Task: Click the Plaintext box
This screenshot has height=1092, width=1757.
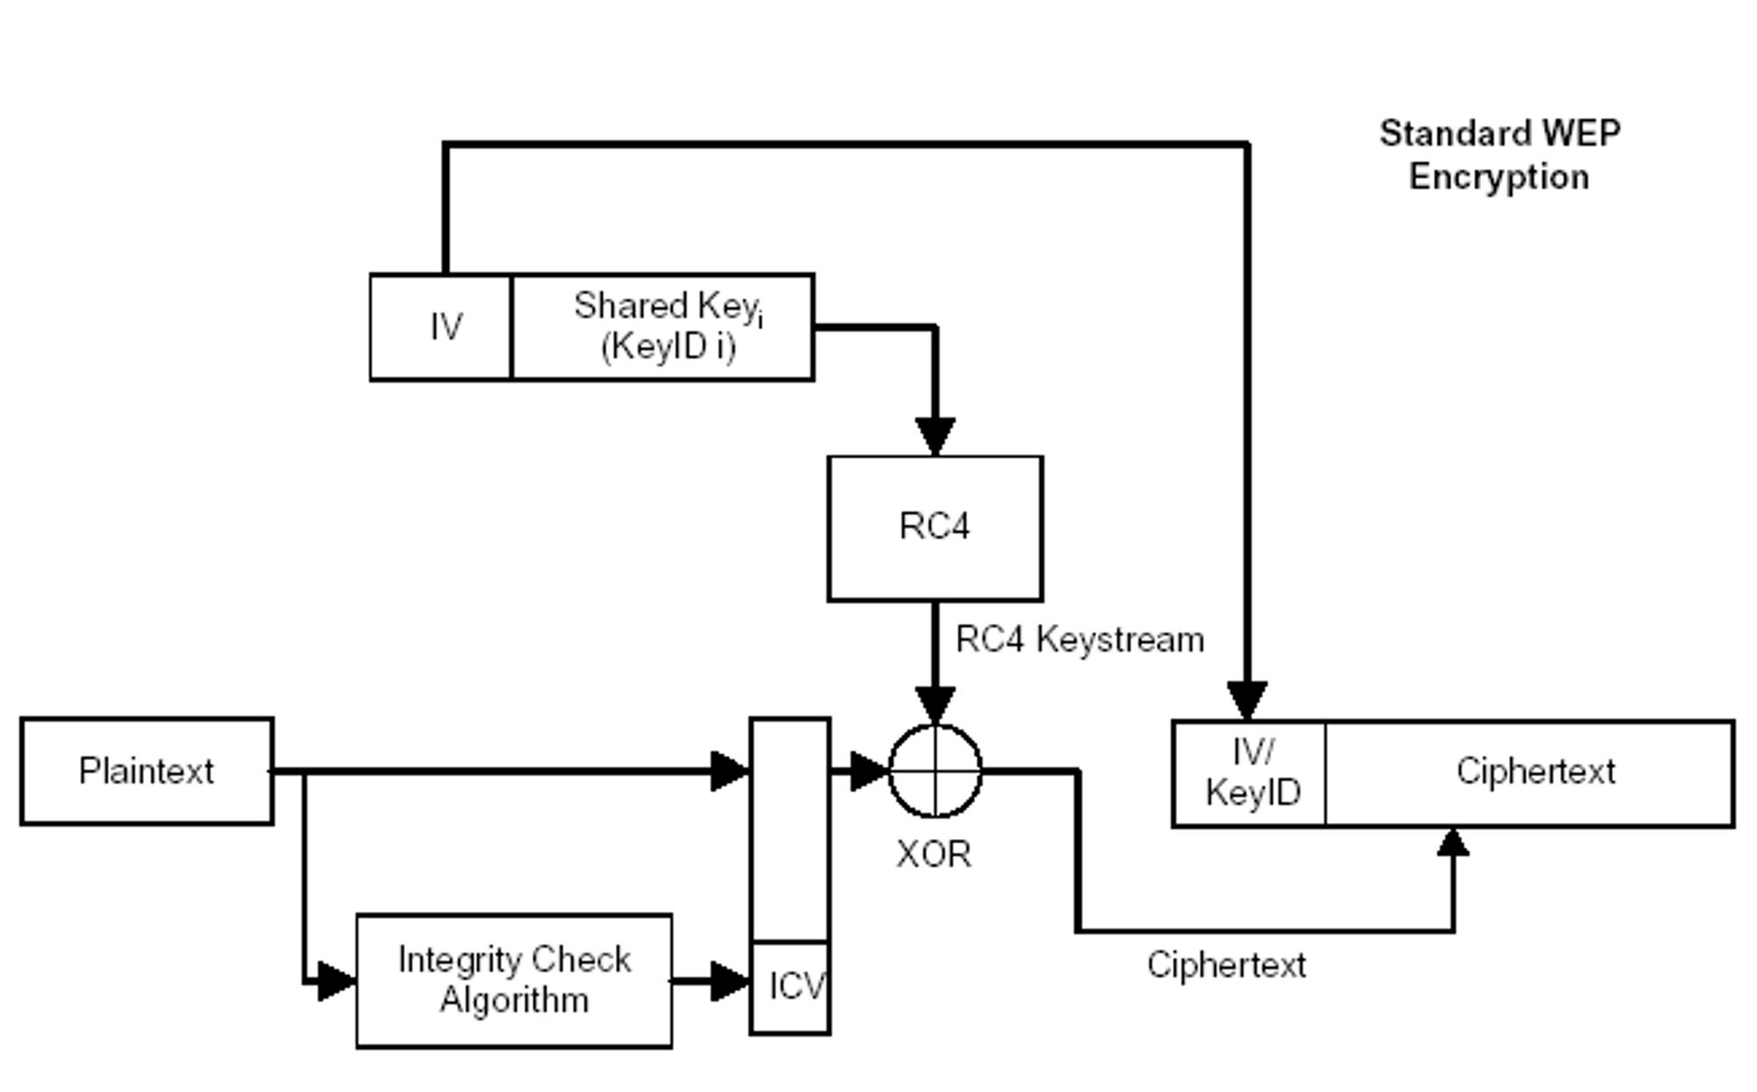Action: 147,770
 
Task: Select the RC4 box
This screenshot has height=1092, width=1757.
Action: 935,528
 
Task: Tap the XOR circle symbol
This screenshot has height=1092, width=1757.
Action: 936,770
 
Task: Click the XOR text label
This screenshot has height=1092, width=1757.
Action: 934,854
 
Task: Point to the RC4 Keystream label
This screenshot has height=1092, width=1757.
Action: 1080,640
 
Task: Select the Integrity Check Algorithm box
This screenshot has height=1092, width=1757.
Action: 514,980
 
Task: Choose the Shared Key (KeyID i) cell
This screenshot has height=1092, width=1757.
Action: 663,327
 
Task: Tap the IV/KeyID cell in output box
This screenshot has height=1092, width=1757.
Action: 1250,773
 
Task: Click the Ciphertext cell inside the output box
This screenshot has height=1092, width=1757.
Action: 1533,772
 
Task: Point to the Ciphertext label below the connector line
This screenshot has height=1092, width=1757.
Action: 1226,965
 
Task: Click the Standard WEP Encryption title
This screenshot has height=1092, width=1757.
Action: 1500,155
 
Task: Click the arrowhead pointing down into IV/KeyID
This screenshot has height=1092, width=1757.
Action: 1247,700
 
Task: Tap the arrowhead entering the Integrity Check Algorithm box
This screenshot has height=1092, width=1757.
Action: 336,980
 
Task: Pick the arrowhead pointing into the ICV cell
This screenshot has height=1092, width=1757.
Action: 729,980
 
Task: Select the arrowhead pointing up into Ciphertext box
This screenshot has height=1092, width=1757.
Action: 1453,843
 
